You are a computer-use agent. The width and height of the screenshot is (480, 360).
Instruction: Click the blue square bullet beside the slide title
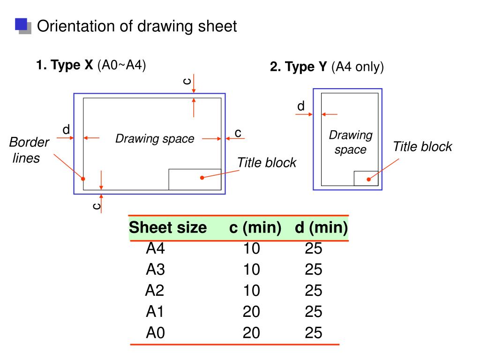[21, 24]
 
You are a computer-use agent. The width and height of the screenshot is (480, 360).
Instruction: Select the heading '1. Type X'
[65, 65]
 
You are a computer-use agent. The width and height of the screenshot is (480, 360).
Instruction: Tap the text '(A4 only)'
[358, 67]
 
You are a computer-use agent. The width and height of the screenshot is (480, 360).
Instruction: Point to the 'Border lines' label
[29, 150]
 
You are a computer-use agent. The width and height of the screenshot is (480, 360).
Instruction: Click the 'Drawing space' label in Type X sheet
[155, 139]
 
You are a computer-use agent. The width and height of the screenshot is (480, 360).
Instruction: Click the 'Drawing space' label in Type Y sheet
[351, 142]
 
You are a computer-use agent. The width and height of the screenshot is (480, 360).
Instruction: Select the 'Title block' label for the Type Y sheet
[422, 147]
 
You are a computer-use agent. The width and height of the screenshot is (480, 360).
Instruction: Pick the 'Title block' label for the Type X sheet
[266, 163]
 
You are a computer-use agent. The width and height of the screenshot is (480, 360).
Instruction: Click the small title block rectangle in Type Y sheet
[366, 178]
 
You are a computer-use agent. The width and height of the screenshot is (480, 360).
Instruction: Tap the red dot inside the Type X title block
[202, 178]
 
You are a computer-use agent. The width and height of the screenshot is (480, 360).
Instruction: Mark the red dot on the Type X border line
[83, 179]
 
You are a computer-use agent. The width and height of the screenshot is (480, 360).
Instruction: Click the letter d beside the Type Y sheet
[301, 106]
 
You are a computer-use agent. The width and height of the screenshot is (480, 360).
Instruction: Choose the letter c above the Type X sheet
[187, 81]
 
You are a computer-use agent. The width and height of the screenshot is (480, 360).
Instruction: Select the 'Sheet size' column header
[168, 228]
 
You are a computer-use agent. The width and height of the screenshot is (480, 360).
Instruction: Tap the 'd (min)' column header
[321, 228]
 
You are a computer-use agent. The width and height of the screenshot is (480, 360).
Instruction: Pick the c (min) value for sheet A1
[251, 312]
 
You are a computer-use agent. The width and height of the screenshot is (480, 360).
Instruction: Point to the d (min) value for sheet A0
[314, 333]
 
